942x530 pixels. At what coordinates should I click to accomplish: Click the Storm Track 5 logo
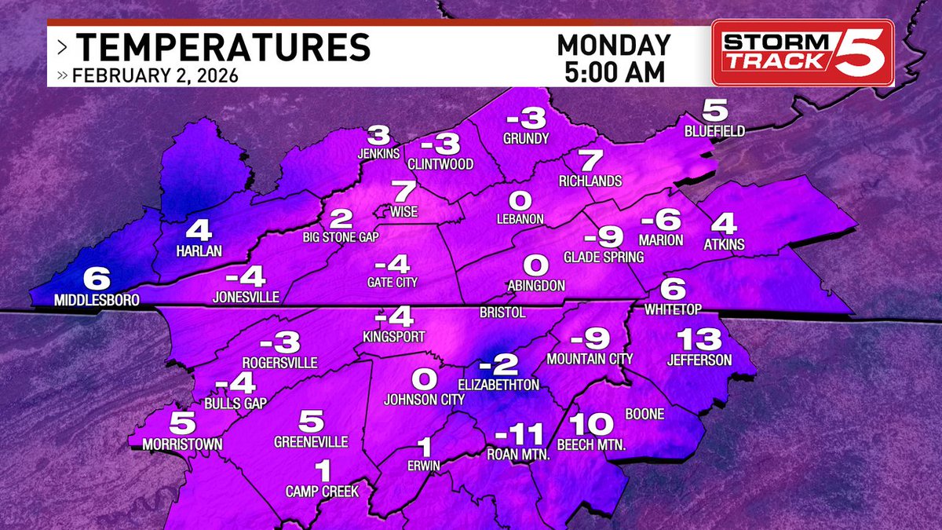pos(802,53)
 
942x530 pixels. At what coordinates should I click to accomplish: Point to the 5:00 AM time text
pos(614,71)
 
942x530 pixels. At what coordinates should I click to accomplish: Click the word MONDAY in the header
pos(614,44)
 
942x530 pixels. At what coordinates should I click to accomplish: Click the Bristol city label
pos(502,313)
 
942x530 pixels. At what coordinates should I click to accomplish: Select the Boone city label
pos(645,414)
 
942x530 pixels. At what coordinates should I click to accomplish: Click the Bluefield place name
pos(714,130)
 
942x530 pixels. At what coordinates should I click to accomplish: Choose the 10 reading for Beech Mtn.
pos(589,425)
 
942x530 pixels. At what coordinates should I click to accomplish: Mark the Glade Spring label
pos(604,257)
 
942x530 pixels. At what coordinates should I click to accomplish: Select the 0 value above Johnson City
pos(424,380)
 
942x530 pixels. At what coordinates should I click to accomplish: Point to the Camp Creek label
pos(322,492)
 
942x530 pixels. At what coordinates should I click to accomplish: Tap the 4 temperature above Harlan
pos(199,232)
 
